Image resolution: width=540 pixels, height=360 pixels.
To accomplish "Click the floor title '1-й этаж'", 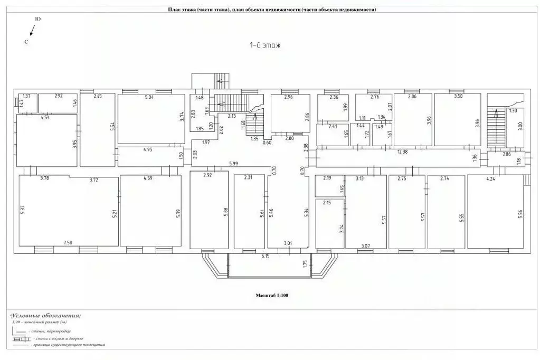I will click(264, 45).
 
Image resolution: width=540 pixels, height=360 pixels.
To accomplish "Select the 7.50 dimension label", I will click(68, 242).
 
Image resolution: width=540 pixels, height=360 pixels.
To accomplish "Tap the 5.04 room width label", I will click(149, 97).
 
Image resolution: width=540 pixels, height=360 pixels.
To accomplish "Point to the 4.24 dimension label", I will click(490, 179).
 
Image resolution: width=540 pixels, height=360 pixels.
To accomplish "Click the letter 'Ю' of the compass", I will click(37, 19).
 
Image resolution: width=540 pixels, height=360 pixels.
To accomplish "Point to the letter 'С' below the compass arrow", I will click(26, 41).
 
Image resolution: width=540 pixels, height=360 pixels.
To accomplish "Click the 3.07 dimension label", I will click(365, 246).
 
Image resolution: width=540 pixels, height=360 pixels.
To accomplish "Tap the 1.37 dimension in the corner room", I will click(27, 96).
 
